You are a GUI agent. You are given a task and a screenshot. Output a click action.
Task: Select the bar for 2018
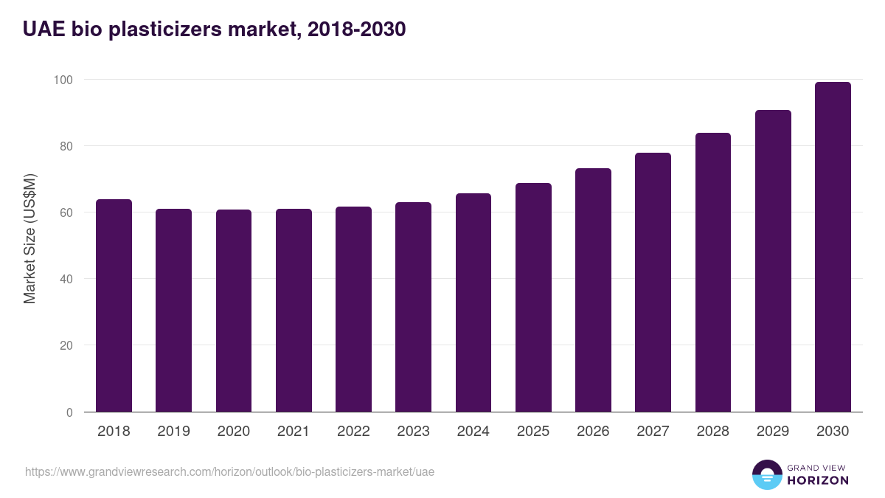114,305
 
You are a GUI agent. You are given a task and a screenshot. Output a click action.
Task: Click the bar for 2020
234,311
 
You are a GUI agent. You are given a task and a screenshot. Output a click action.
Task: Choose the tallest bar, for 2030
833,247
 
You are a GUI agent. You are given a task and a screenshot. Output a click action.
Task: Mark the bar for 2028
713,272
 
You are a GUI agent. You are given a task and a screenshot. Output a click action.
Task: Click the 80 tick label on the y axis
66,146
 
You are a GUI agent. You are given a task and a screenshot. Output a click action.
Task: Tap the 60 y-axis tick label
66,212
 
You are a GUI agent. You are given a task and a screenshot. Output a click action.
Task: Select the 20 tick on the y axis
66,345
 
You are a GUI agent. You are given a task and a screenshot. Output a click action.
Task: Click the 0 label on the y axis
69,412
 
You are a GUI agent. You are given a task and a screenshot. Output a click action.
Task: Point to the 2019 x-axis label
173,432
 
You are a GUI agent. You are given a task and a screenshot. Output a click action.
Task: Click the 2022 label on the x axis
353,432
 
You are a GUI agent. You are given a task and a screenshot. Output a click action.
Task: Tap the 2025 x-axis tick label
533,432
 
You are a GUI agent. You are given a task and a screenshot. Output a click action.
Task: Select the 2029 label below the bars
773,432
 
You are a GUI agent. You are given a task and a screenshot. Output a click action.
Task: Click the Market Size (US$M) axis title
30,238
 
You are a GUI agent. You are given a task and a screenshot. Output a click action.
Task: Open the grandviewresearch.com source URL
229,471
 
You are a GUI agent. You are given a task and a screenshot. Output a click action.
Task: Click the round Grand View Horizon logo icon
766,474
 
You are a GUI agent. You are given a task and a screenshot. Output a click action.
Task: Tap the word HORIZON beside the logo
818,480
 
